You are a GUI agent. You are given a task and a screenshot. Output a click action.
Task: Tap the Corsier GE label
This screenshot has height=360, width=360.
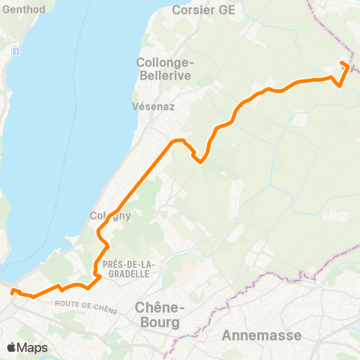203,10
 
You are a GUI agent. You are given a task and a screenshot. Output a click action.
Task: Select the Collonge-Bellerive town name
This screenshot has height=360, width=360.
164,69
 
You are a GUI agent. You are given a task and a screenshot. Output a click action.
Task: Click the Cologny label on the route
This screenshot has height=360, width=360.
110,216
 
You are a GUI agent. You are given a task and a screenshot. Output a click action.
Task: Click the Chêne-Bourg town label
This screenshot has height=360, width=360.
158,314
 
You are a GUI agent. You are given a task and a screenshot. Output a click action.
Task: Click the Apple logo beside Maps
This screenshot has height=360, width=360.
12,347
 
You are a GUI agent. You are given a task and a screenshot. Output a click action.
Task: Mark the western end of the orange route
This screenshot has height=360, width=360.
12,291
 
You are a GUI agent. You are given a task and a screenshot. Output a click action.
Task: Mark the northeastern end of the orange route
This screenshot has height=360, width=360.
342,62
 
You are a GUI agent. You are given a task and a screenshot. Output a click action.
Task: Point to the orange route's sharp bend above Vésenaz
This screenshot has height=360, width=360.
177,141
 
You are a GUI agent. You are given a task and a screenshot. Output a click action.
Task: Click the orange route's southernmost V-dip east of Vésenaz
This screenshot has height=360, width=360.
200,160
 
